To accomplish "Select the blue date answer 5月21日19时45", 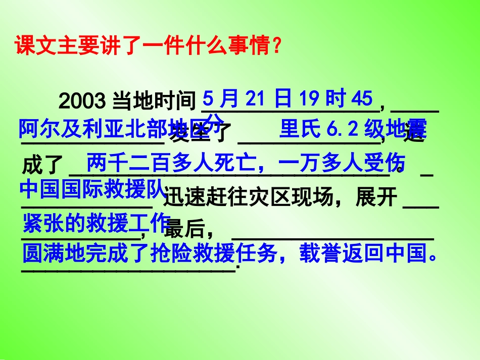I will point(287,98).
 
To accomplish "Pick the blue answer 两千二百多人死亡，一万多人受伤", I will point(246,163).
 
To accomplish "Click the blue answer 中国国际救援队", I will point(92,190).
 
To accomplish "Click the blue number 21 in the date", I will point(255,98).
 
